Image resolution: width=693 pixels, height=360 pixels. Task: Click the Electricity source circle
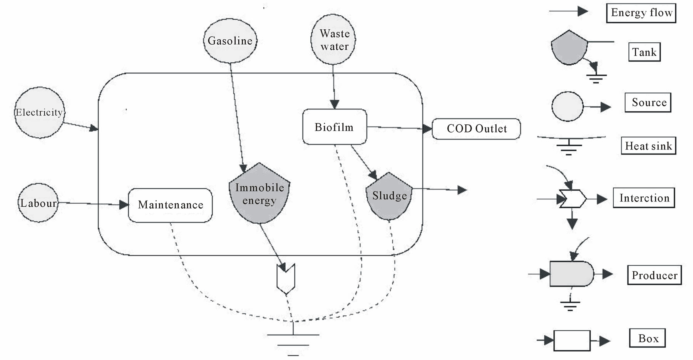click(39, 112)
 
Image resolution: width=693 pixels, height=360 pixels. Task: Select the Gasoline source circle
click(230, 40)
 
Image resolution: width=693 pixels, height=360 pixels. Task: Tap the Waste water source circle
click(333, 40)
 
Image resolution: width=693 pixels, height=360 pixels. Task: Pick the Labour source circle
click(38, 203)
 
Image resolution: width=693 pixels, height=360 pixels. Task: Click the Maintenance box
click(170, 205)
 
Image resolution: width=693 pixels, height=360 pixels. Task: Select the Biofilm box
click(334, 127)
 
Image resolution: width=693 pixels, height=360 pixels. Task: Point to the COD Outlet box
click(476, 129)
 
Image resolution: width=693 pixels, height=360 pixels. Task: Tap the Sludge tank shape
click(389, 196)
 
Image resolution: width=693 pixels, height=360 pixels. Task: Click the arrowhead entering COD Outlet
click(427, 129)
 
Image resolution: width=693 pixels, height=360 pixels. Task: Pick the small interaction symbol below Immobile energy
click(286, 278)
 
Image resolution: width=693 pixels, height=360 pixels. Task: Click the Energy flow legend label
click(641, 13)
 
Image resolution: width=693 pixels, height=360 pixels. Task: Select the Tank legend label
click(644, 52)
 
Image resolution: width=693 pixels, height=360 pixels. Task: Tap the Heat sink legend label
click(648, 146)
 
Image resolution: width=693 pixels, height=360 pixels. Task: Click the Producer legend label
click(654, 275)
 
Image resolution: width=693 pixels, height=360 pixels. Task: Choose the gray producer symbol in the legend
click(571, 274)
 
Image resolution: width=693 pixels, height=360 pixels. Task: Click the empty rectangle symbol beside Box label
click(572, 340)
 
